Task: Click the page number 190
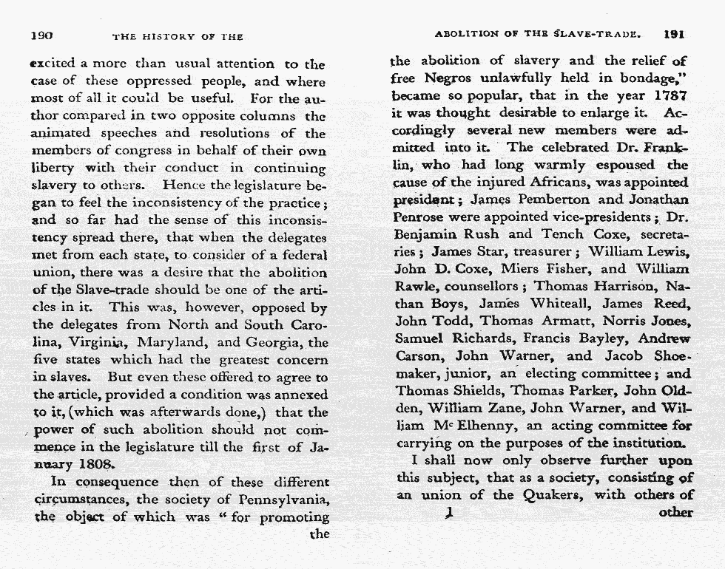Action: (41, 35)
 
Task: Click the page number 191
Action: (675, 33)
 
